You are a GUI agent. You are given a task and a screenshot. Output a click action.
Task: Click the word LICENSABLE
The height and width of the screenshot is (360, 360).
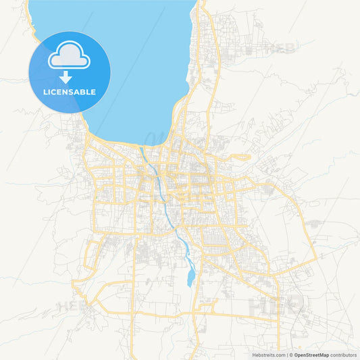point(69,92)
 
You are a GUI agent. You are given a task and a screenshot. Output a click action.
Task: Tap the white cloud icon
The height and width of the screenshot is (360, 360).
point(69,56)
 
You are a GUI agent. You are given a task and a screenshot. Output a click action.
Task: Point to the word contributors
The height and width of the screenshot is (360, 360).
point(344,354)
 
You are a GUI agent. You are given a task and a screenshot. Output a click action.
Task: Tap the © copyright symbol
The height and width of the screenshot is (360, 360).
point(292,354)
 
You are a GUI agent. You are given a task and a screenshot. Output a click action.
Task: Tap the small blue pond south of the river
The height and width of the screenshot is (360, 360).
point(190,276)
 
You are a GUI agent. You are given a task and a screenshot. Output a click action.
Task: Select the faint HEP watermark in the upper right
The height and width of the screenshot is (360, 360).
point(280,48)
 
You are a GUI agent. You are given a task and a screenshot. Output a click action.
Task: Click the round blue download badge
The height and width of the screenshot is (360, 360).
point(69,72)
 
